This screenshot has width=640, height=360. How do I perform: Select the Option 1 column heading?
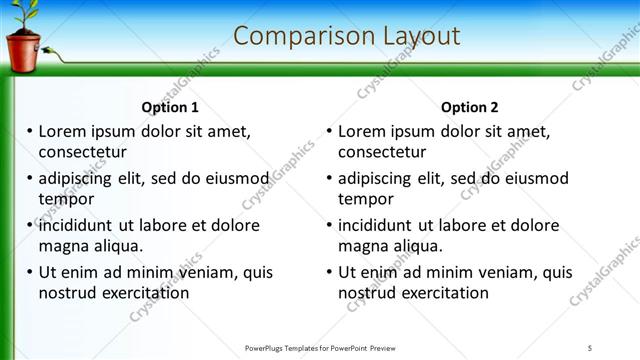tap(170, 108)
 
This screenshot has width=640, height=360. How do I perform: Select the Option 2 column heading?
tap(469, 108)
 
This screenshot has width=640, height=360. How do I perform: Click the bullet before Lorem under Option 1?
tap(30, 131)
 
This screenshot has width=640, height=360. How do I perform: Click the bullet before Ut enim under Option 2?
tap(330, 272)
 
